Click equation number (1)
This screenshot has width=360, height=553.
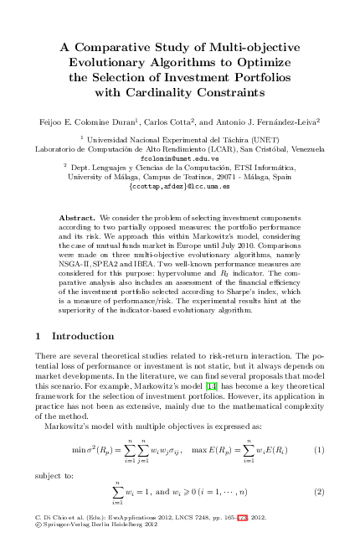click(318, 450)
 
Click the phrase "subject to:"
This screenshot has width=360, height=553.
click(51, 473)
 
